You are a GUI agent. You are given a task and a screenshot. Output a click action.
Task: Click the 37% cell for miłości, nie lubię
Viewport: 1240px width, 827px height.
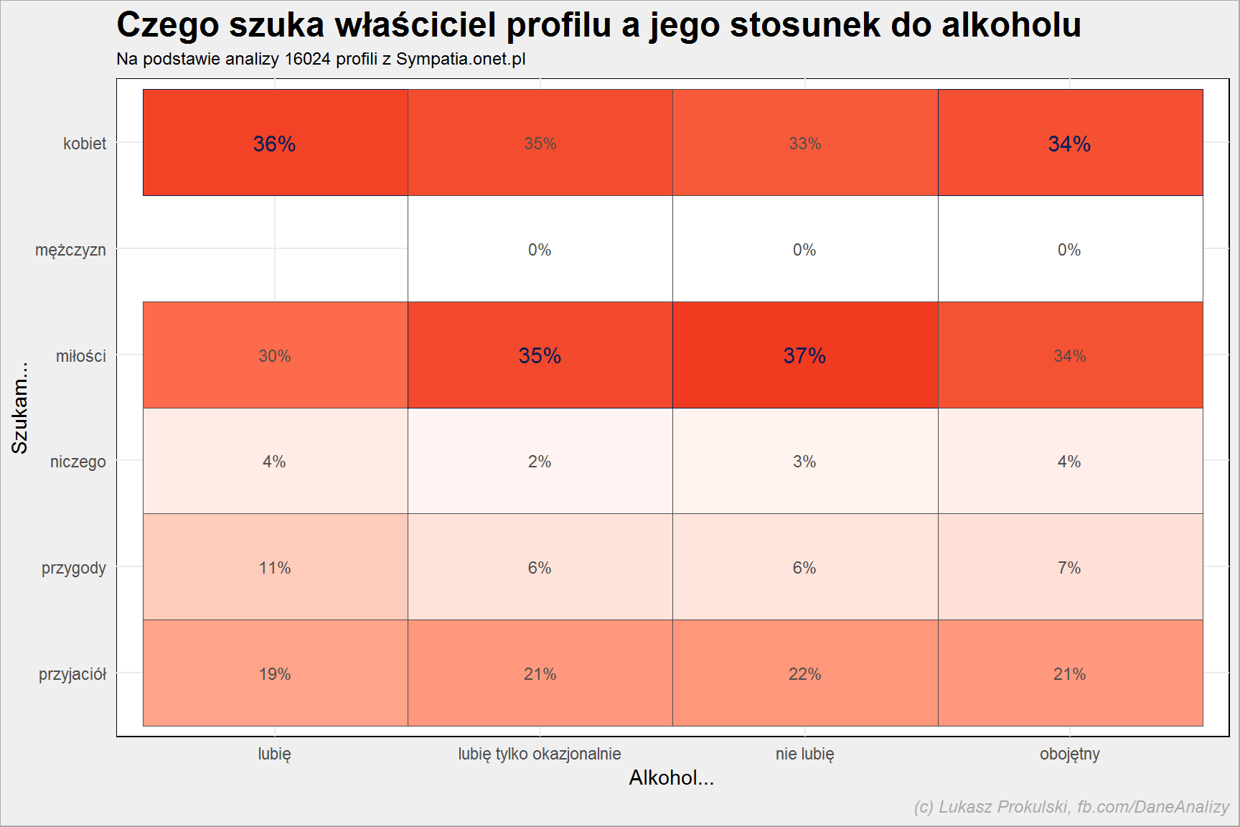[805, 355]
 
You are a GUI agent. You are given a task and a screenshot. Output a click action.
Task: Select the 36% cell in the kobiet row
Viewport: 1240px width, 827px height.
[276, 143]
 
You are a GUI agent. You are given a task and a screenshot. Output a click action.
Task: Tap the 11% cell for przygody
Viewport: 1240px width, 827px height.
[276, 567]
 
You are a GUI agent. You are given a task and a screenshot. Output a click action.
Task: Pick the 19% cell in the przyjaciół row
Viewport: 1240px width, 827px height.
[276, 673]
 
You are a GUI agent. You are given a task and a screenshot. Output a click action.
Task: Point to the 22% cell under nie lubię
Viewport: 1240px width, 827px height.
[805, 673]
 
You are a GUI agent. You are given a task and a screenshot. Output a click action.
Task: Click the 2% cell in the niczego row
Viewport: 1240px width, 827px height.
[540, 462]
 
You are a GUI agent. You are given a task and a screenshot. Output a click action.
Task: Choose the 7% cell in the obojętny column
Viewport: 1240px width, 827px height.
[1070, 567]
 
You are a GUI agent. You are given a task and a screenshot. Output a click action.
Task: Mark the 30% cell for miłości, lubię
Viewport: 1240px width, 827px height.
[276, 355]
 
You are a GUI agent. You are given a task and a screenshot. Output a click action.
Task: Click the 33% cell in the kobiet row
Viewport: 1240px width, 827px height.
[805, 143]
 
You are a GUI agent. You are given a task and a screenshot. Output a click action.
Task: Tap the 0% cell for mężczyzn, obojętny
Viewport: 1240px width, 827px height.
[1070, 249]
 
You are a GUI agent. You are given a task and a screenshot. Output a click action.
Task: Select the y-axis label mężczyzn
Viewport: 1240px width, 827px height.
[70, 251]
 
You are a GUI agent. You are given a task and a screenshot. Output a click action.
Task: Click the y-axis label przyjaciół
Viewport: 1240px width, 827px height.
[72, 675]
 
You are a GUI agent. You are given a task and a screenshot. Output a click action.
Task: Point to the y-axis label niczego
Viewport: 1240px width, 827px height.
[78, 462]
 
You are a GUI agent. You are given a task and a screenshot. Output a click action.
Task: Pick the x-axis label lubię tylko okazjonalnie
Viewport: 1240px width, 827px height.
[540, 754]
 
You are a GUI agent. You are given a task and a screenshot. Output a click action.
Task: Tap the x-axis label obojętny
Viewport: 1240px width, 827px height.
[1070, 754]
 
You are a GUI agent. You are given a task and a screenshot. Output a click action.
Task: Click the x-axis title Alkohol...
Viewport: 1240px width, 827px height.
[672, 777]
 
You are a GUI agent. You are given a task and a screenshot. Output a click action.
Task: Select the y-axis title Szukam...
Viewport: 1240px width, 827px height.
[20, 408]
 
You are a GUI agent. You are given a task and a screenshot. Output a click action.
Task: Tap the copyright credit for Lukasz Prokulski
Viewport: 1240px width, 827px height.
[1072, 807]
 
